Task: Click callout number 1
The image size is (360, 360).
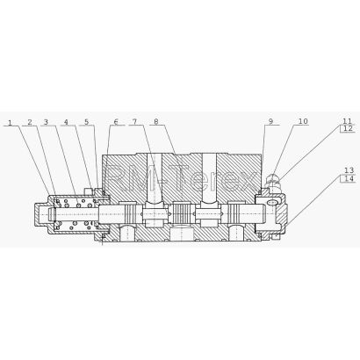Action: click(11, 122)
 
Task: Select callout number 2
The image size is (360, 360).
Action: click(30, 122)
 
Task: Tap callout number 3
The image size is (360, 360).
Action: click(46, 122)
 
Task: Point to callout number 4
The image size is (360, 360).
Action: click(66, 122)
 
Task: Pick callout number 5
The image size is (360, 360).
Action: click(87, 122)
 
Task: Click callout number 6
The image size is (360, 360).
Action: click(116, 122)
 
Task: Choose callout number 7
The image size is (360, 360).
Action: click(134, 121)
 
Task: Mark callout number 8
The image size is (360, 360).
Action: click(156, 121)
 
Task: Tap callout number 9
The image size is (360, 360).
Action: click(270, 121)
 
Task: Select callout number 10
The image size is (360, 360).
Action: click(303, 121)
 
